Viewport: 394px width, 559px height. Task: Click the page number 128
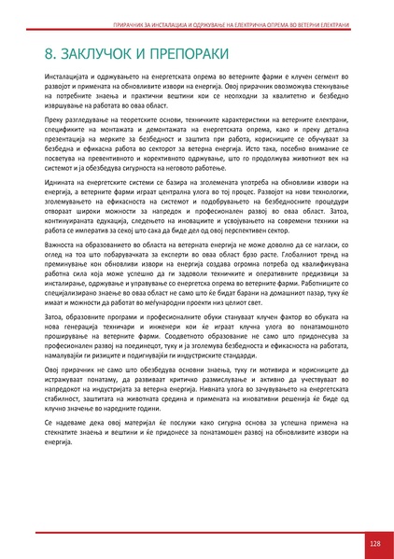(374, 543)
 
